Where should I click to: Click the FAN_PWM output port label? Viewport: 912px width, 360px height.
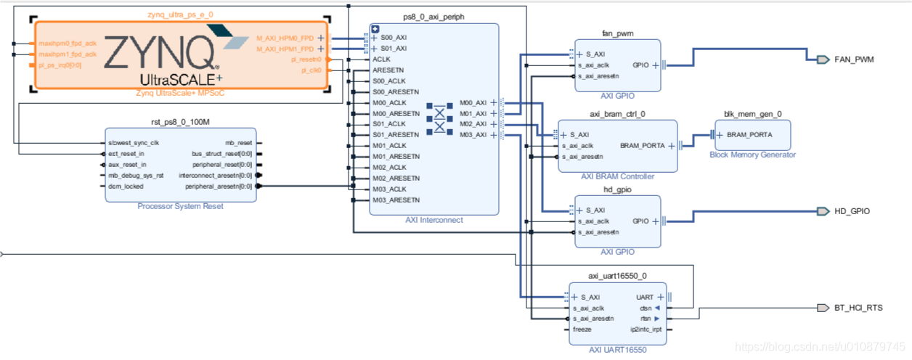click(x=852, y=60)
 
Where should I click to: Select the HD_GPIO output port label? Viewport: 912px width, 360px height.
click(x=852, y=211)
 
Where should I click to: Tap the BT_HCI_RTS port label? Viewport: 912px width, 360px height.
click(x=858, y=308)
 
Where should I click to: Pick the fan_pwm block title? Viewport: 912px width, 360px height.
click(x=617, y=33)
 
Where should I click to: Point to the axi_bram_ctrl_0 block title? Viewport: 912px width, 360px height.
click(x=617, y=114)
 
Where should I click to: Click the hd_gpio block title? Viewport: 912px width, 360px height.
click(x=617, y=189)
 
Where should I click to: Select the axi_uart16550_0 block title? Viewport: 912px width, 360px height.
click(x=617, y=276)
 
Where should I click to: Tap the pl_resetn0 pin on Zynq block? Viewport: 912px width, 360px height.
click(x=306, y=60)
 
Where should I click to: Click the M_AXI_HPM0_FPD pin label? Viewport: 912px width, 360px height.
click(x=285, y=38)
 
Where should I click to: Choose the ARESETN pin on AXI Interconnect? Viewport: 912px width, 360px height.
click(x=389, y=70)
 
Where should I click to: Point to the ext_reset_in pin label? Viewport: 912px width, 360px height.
click(x=126, y=154)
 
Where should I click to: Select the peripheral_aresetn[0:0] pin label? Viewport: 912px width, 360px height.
click(x=219, y=187)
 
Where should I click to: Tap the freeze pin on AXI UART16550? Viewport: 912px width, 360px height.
click(x=582, y=329)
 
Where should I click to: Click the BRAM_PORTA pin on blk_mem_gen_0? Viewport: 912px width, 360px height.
click(x=749, y=135)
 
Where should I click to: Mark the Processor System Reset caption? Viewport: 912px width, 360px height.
click(x=180, y=207)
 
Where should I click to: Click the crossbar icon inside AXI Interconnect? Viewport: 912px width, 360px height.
click(x=439, y=118)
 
